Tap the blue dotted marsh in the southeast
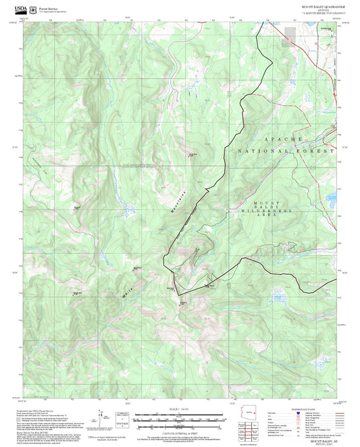[x=278, y=295]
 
